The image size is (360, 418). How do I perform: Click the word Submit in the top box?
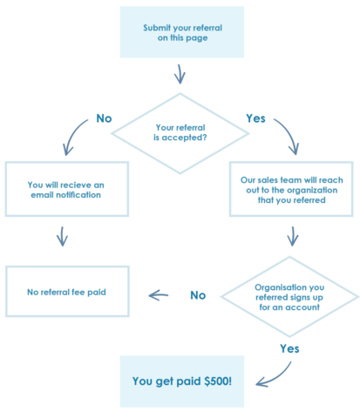tap(158, 28)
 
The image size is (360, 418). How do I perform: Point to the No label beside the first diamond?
tap(102, 118)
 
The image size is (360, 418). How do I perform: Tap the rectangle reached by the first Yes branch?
tap(291, 188)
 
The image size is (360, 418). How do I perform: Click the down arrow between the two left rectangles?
tap(61, 235)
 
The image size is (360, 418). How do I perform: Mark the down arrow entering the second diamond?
tap(293, 235)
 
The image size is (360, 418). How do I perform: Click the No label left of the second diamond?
tap(198, 296)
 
